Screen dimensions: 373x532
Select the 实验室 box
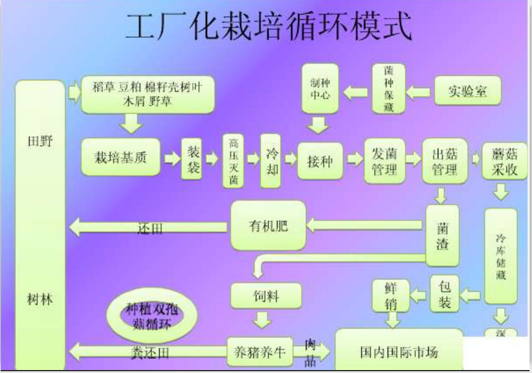(468, 91)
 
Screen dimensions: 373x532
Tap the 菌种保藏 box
(389, 88)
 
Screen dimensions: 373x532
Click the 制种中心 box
(320, 89)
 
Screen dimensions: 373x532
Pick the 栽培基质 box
(121, 158)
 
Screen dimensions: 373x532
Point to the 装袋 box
(193, 160)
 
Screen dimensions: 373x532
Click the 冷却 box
(271, 160)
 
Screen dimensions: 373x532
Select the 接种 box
(320, 161)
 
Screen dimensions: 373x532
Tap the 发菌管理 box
(384, 161)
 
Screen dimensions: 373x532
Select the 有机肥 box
(268, 226)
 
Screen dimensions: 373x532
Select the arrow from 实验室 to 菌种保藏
(419, 92)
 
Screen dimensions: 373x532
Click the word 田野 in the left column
(40, 142)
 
